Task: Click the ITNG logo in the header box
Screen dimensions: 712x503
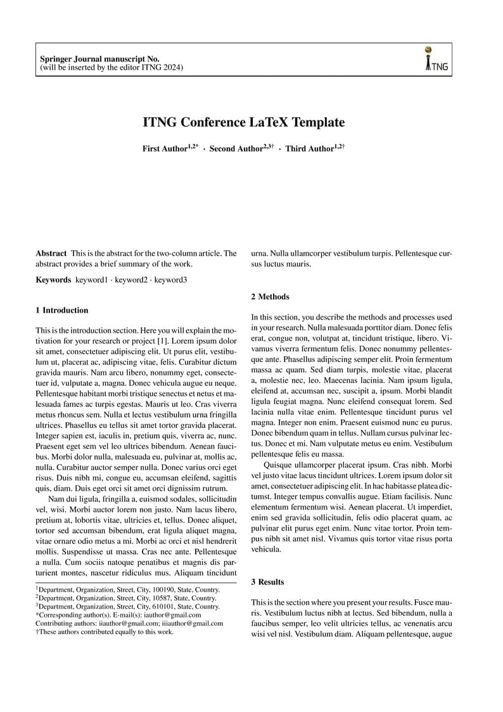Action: coord(436,58)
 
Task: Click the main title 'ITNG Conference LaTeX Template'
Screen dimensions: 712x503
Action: coord(243,122)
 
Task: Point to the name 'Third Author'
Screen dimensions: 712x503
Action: coord(309,149)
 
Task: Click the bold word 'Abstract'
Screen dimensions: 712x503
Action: coord(51,254)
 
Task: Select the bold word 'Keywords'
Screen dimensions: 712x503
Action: coord(53,280)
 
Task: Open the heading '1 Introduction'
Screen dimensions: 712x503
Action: coord(62,310)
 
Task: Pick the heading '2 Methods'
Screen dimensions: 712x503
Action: coord(270,297)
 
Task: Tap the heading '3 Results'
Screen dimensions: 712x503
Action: coord(267,581)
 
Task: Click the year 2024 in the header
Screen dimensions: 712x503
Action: coord(173,67)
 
